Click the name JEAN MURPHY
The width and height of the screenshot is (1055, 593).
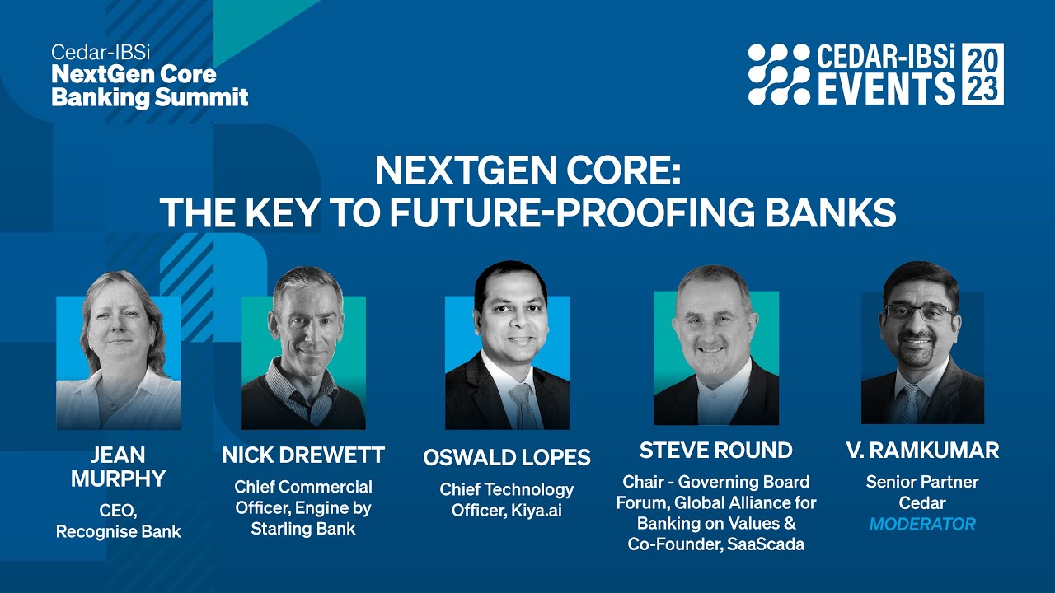tap(118, 466)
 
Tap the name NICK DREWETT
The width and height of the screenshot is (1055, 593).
tap(303, 455)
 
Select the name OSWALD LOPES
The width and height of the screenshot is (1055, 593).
tap(507, 457)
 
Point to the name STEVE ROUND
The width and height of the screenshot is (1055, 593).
tap(715, 451)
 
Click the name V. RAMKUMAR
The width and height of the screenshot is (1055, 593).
tap(922, 451)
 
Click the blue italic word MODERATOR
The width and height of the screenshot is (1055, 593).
tap(922, 524)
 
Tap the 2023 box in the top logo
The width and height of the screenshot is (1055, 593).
tap(982, 73)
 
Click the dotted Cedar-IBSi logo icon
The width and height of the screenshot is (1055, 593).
tap(779, 74)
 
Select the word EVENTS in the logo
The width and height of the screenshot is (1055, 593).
tap(886, 88)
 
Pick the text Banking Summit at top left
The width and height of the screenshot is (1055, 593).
tap(149, 97)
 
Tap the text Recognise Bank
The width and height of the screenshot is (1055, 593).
tap(118, 532)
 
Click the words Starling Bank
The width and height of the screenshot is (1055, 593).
tap(303, 529)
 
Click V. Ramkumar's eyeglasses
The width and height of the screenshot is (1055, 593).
tap(921, 312)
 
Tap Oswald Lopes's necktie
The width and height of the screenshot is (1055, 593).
tap(521, 404)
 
